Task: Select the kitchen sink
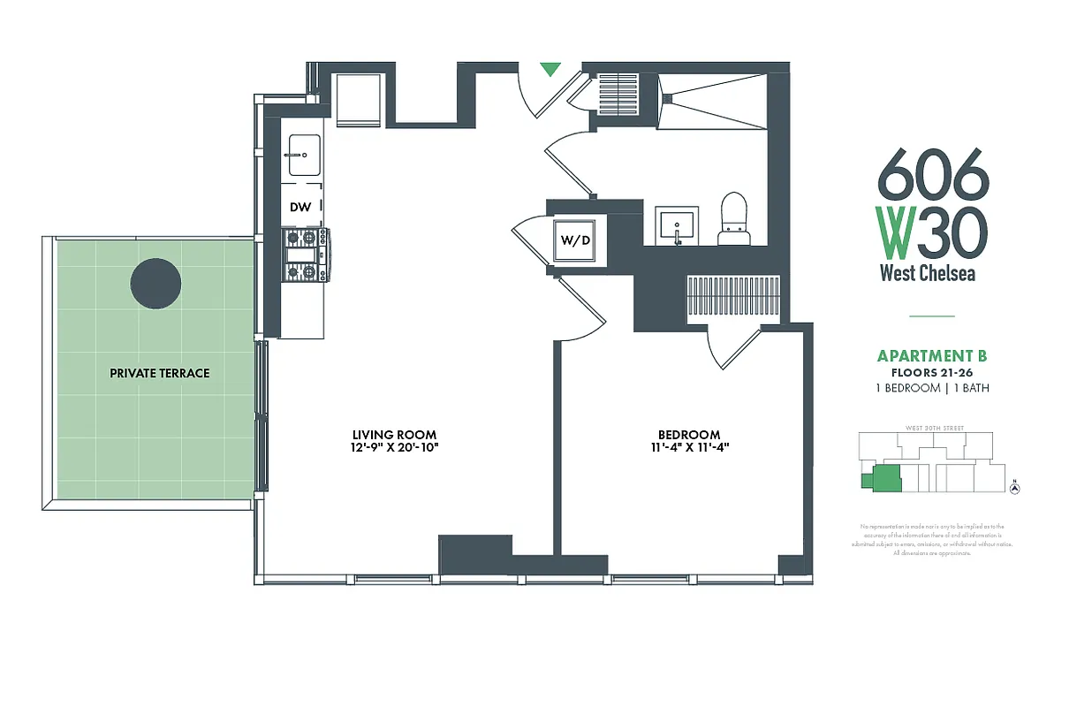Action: [x=300, y=156]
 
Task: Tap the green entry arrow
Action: [x=550, y=68]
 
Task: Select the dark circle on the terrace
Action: [x=155, y=284]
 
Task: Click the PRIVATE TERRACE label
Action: [x=159, y=373]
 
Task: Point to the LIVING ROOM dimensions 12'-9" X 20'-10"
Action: [x=395, y=447]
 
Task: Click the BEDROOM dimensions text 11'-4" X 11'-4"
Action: [x=688, y=447]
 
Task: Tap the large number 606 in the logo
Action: [x=932, y=174]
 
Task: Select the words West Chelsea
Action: [x=927, y=273]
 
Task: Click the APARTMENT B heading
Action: [x=931, y=356]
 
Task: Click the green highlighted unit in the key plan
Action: [x=882, y=478]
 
